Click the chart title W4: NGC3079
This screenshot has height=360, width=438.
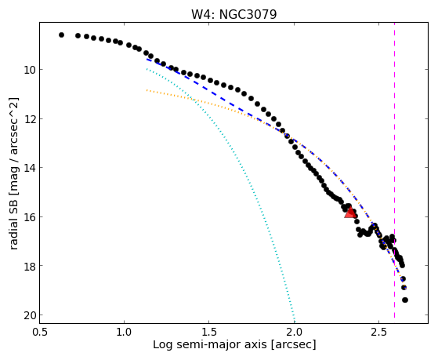pyautogui.click(x=233, y=14)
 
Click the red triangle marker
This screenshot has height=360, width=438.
pyautogui.click(x=350, y=213)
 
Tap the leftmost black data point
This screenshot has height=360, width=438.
pyautogui.click(x=61, y=35)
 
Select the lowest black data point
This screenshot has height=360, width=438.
pyautogui.click(x=405, y=300)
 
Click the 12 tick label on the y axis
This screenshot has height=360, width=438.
pyautogui.click(x=30, y=118)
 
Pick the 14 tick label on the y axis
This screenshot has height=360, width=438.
pyautogui.click(x=30, y=168)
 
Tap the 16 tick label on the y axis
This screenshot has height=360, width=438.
pyautogui.click(x=30, y=216)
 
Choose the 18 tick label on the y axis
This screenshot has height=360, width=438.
pyautogui.click(x=30, y=265)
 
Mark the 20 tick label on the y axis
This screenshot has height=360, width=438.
pyautogui.click(x=30, y=315)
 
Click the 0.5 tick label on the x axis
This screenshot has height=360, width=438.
pyautogui.click(x=39, y=332)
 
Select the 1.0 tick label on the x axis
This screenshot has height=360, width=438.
pyautogui.click(x=125, y=332)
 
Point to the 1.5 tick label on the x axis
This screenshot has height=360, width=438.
pyautogui.click(x=209, y=332)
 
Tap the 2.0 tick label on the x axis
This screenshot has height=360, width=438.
pyautogui.click(x=294, y=332)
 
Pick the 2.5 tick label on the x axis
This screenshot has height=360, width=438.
pyautogui.click(x=378, y=332)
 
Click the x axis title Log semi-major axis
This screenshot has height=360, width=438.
pyautogui.click(x=210, y=344)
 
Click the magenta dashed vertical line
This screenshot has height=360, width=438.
pyautogui.click(x=394, y=170)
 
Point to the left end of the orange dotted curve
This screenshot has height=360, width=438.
pyautogui.click(x=147, y=90)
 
